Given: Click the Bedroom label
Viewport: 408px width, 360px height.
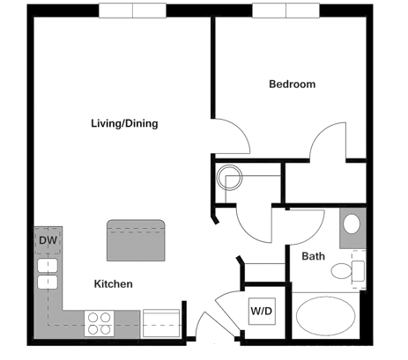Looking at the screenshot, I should point(292,84).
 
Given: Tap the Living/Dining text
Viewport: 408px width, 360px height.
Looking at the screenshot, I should point(124,123).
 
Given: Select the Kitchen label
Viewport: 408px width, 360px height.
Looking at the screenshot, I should point(114,283).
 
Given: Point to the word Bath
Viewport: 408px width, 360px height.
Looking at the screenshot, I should point(314,257).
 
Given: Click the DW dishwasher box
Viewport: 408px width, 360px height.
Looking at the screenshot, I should point(48,239).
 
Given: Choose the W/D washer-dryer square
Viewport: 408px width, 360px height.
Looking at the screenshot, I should point(261,311).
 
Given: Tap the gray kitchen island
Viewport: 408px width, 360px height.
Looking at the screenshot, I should point(137,240).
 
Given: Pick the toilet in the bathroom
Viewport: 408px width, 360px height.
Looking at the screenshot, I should point(349,270).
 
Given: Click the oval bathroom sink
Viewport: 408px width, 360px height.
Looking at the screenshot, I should point(352,224).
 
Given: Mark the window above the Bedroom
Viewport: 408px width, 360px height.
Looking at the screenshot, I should point(287,11).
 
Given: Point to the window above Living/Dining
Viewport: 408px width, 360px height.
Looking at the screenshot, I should point(132,11).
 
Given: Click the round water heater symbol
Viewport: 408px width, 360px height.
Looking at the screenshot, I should point(231,178).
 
